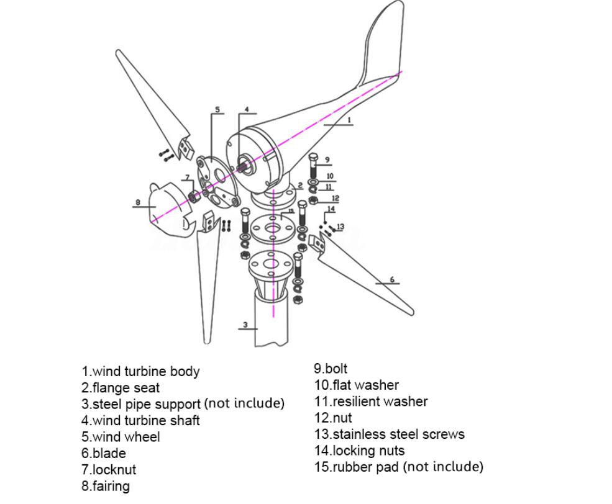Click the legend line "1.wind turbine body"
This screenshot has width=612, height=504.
pyautogui.click(x=140, y=372)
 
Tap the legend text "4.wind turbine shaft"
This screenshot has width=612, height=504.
pyautogui.click(x=140, y=420)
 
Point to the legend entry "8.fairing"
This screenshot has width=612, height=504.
pyautogui.click(x=106, y=486)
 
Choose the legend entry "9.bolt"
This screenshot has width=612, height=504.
pyautogui.click(x=331, y=369)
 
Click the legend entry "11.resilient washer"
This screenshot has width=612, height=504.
pyautogui.click(x=370, y=402)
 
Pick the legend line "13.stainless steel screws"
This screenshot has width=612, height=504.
pyautogui.click(x=389, y=434)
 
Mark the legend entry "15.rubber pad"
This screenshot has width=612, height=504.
pyautogui.click(x=398, y=467)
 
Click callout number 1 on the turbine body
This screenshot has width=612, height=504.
pyautogui.click(x=349, y=120)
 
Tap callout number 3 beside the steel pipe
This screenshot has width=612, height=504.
pyautogui.click(x=245, y=325)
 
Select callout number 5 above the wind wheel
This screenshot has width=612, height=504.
pyautogui.click(x=217, y=110)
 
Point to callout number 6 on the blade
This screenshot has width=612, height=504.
pyautogui.click(x=392, y=280)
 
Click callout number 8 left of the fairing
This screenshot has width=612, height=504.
pyautogui.click(x=137, y=202)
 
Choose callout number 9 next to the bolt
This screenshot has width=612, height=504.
pyautogui.click(x=327, y=160)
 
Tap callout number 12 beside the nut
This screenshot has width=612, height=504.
pyautogui.click(x=336, y=199)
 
